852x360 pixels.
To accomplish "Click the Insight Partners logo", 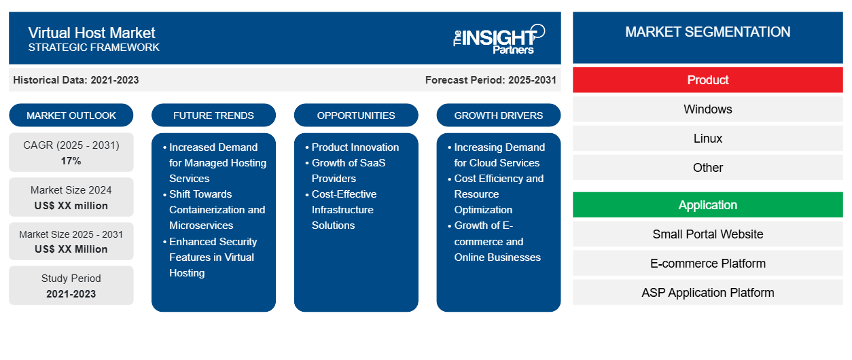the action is pos(499,39).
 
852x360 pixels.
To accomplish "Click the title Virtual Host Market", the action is pos(92,33).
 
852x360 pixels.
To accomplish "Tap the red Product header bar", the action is pos(707,80).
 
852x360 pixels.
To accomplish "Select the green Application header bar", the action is pos(707,205).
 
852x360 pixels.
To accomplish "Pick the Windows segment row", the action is pos(707,109).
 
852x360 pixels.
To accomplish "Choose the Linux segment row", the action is pos(707,139).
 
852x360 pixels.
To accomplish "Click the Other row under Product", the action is pos(707,168).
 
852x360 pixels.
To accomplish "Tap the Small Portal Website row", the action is pos(707,234).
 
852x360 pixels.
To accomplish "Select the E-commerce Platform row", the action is pos(707,264).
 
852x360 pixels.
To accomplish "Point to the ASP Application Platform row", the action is pos(707,293).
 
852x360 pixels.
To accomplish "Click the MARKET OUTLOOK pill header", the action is pos(71,115).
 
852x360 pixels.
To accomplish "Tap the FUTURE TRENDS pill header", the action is pos(213,115).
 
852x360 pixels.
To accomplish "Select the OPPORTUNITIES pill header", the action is pos(356,115).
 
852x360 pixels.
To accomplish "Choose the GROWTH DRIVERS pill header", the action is pos(498,115).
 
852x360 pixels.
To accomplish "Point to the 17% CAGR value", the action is pos(71,161).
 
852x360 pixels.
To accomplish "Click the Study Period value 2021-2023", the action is pos(71,294).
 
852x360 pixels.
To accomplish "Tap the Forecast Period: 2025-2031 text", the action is pos(491,80).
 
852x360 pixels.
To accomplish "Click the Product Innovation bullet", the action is pos(352,147).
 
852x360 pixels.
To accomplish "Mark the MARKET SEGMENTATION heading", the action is pos(707,32).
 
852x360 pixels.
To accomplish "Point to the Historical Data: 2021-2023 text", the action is pos(76,80).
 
